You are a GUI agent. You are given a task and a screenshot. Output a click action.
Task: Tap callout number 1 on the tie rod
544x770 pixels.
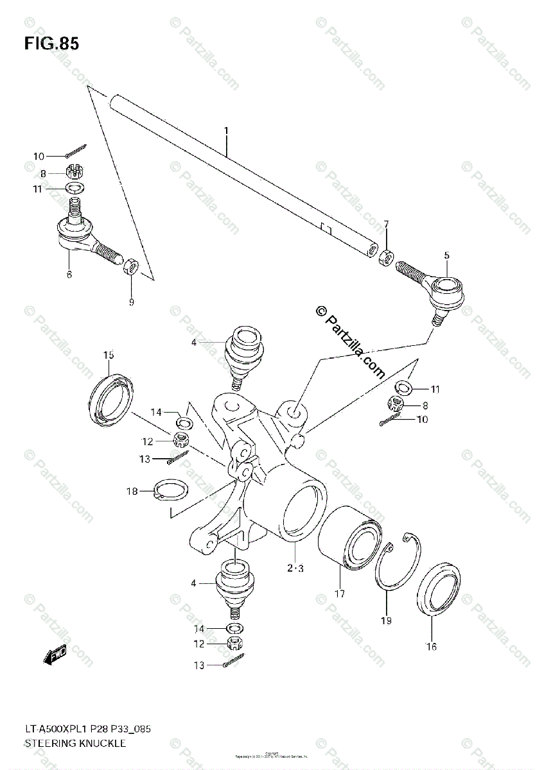click(226, 132)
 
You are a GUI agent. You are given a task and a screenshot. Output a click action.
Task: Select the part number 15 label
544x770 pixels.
click(109, 355)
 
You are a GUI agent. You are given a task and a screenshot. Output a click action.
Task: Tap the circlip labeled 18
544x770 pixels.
click(171, 491)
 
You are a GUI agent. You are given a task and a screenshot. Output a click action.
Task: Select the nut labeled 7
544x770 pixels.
click(385, 256)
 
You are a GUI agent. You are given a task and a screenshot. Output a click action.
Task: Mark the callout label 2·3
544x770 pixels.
click(295, 568)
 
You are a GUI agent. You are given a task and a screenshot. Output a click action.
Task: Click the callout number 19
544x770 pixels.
click(386, 620)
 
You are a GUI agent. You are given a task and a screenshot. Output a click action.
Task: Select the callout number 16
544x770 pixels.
click(431, 646)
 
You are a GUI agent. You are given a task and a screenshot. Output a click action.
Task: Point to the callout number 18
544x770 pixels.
click(132, 492)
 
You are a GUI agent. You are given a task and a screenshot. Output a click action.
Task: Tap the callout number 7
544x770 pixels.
click(387, 224)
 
